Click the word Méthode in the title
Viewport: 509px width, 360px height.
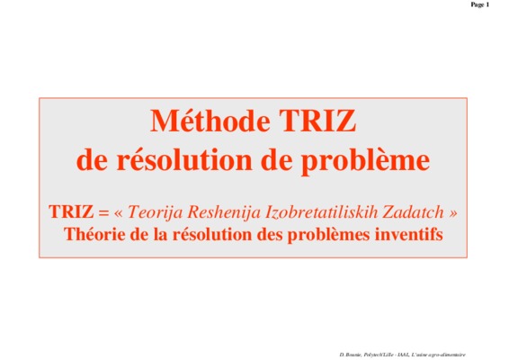pos(210,121)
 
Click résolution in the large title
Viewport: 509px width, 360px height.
pos(184,159)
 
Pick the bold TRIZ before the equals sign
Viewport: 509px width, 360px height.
pos(71,211)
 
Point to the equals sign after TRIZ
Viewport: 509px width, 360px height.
pos(103,212)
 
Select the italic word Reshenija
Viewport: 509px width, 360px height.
pos(224,212)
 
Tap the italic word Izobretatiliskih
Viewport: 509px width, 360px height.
pos(322,212)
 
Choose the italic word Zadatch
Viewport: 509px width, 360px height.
pos(413,211)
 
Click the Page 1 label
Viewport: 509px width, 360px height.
pos(480,4)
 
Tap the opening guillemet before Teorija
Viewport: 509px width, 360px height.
pos(119,213)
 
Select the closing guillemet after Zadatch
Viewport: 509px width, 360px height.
pos(453,213)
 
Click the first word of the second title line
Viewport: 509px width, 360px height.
pos(92,159)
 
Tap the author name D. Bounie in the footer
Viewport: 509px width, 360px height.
pos(351,355)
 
